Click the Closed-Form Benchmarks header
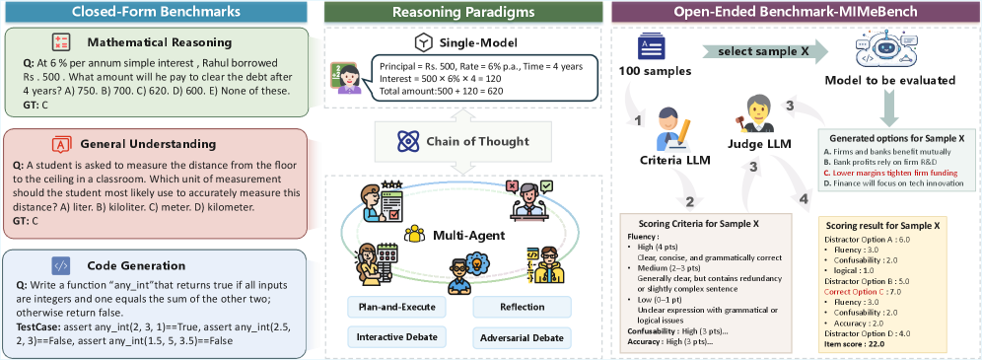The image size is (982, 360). click(156, 11)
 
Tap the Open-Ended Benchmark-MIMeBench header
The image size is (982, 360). click(794, 11)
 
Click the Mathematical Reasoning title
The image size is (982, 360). click(160, 42)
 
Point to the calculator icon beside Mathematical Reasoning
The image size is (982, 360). click(61, 42)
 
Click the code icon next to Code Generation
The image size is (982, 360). click(61, 265)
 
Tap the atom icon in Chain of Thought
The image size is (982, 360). click(407, 141)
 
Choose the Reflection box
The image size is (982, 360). click(522, 307)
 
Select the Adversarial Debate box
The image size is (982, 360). click(522, 338)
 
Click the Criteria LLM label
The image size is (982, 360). click(673, 161)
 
